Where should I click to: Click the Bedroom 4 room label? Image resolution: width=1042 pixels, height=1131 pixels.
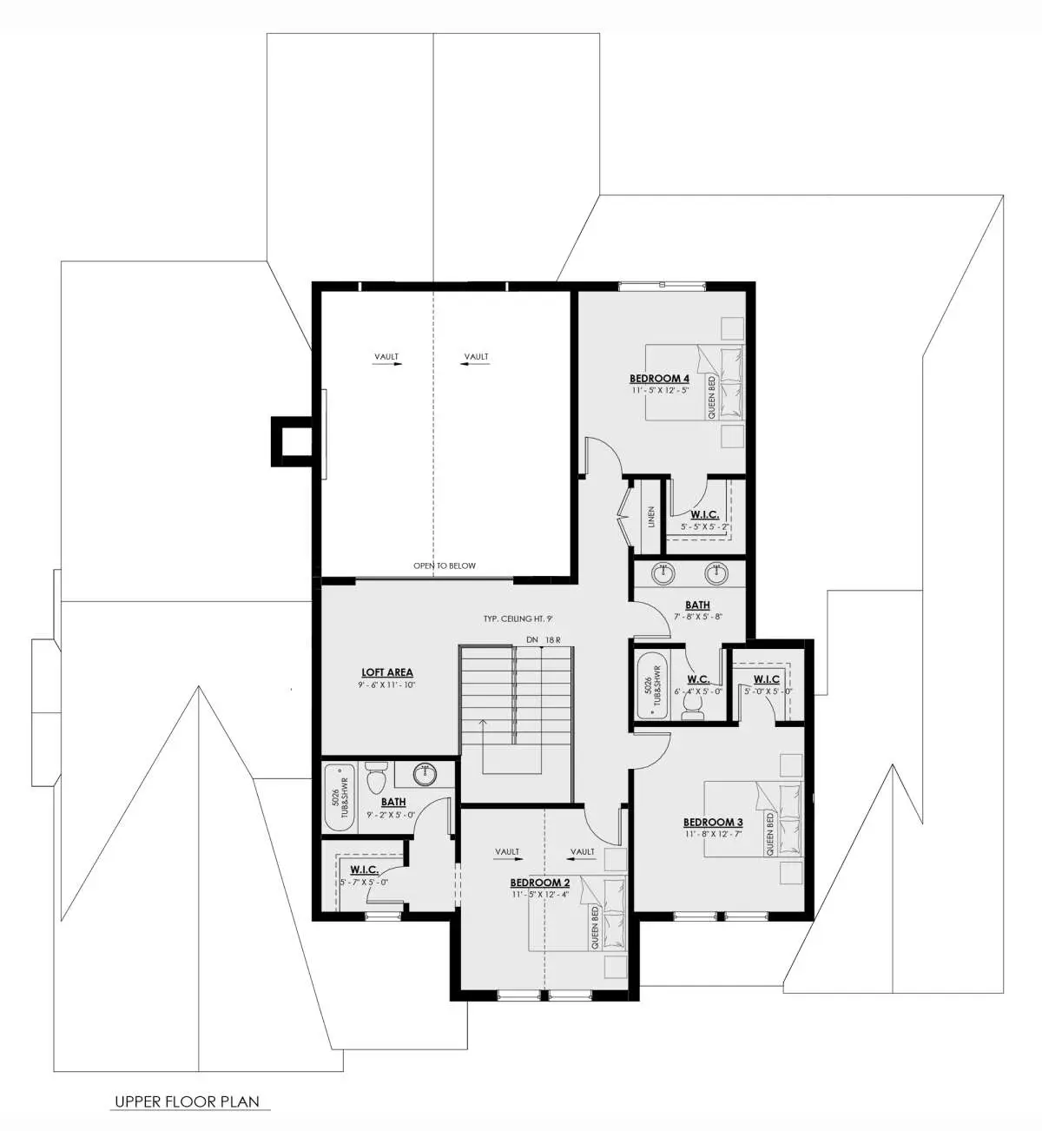coord(659,379)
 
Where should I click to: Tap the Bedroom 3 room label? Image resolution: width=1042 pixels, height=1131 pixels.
coord(713,822)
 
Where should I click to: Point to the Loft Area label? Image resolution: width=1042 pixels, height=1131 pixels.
coord(386,672)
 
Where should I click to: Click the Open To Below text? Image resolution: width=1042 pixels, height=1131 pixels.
coord(445,565)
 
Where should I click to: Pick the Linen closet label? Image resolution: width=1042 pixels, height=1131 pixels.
coord(651,517)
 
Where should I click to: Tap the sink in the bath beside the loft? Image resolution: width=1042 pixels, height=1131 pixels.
coord(425,775)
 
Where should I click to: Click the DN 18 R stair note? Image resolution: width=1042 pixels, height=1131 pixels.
coord(544,640)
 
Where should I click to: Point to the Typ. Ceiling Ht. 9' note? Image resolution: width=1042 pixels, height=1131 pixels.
coord(518,618)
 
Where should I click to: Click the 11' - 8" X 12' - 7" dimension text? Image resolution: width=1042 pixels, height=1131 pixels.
coord(713,833)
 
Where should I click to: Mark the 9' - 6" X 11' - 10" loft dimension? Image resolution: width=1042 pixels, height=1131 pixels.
coord(387,685)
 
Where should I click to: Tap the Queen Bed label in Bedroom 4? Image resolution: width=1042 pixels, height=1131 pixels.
coord(711,398)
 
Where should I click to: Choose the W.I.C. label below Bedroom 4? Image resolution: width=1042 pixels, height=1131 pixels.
coord(705,514)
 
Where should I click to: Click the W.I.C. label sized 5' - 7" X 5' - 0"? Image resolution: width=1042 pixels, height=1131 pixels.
coord(364,870)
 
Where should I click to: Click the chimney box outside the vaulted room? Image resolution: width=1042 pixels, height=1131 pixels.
coord(291,441)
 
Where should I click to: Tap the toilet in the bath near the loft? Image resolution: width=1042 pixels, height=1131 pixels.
coord(375,777)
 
